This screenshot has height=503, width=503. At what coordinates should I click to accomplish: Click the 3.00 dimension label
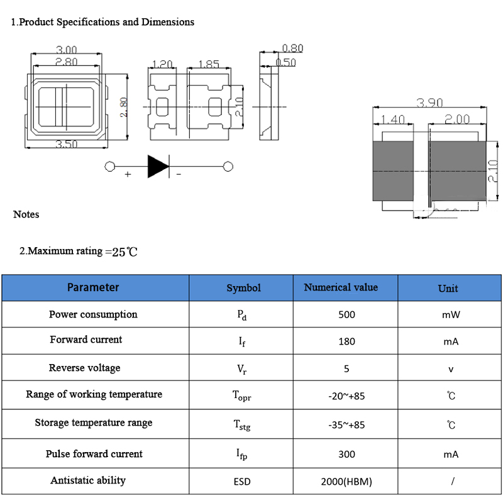tap(67, 50)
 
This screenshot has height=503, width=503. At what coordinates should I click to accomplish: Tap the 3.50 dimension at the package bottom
tap(67, 144)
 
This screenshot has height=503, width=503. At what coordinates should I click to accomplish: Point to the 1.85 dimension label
tap(209, 64)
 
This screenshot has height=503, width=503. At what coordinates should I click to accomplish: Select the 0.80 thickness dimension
tap(292, 48)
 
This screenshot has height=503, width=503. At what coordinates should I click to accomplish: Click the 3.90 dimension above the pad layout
tap(429, 102)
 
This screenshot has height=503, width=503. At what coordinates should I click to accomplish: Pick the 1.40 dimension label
tap(392, 119)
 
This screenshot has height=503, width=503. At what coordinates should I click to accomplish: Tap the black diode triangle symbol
tap(158, 166)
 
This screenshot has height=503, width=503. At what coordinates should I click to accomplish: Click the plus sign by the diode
tap(128, 174)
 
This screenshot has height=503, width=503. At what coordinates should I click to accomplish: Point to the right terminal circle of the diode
tap(228, 167)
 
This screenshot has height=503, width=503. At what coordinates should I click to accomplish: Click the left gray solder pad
tap(393, 171)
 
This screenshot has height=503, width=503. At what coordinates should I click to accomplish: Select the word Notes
tap(26, 214)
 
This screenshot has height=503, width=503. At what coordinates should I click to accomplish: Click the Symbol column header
tap(244, 288)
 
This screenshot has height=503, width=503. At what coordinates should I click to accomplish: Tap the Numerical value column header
tap(341, 287)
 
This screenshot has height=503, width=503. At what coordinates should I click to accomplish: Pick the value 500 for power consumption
tap(347, 314)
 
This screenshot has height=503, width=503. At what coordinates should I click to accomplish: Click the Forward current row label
tap(86, 340)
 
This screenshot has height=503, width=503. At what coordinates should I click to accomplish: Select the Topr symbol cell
tap(242, 395)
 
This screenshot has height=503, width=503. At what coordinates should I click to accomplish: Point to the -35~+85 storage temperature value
tap(347, 425)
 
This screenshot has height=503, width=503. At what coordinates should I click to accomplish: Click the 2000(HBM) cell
tap(346, 482)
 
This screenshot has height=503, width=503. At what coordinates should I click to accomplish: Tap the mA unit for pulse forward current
tap(451, 454)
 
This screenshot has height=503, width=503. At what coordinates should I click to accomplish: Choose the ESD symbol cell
tap(242, 482)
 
